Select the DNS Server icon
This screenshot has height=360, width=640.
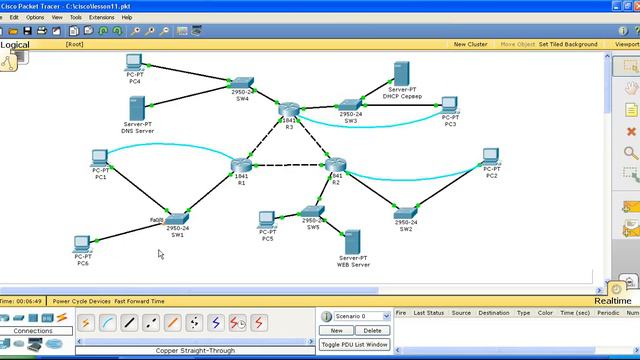pyautogui.click(x=138, y=108)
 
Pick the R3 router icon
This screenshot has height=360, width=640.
pyautogui.click(x=289, y=110)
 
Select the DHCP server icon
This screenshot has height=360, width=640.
pyautogui.click(x=403, y=73)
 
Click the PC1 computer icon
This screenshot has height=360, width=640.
pyautogui.click(x=100, y=159)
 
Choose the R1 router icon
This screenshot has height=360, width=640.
pyautogui.click(x=241, y=165)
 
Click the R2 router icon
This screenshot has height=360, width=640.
pyautogui.click(x=335, y=165)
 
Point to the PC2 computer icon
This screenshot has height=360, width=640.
pyautogui.click(x=490, y=158)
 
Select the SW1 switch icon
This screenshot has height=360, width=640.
pyautogui.click(x=177, y=219)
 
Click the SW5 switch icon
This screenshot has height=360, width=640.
pyautogui.click(x=312, y=211)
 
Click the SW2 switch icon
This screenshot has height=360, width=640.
pyautogui.click(x=405, y=212)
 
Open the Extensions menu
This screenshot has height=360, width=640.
pyautogui.click(x=102, y=17)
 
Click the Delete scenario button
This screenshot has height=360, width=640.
pyautogui.click(x=372, y=330)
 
